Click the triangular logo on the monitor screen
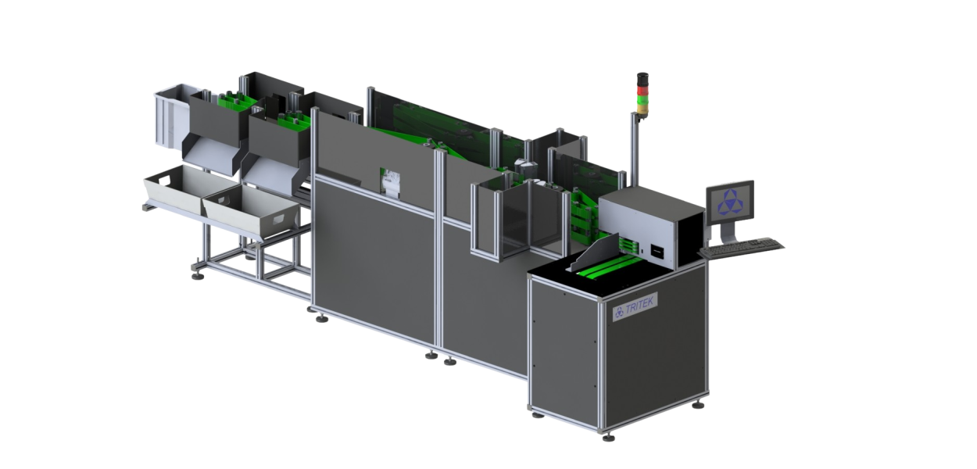[x=730, y=200]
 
